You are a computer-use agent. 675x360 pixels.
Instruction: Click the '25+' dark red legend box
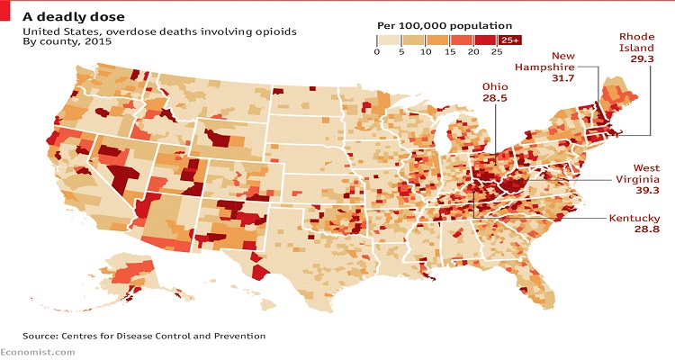pos(510,40)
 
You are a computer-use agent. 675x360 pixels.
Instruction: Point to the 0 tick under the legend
pos(377,52)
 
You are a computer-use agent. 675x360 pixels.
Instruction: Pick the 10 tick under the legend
pos(425,52)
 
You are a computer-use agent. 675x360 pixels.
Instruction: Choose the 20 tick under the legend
pos(474,52)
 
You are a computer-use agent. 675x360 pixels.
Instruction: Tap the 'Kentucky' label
pos(634,219)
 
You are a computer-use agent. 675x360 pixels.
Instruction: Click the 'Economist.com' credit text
pos(38,353)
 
